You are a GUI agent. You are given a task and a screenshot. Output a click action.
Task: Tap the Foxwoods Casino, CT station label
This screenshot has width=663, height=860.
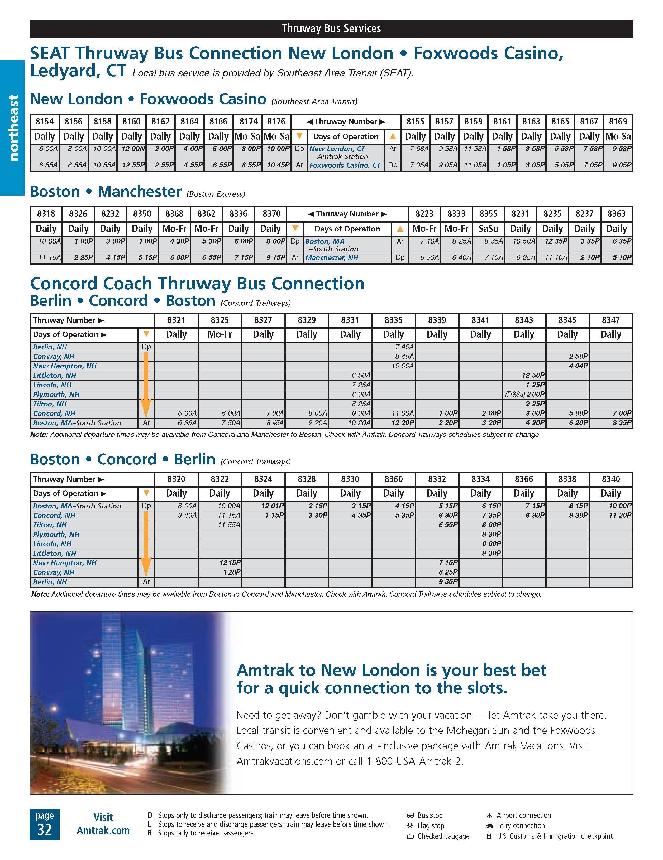coord(345,166)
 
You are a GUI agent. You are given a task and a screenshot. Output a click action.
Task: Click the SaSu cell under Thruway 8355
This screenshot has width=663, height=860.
coord(488,229)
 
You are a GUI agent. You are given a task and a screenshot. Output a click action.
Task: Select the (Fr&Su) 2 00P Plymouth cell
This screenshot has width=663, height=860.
coord(524,395)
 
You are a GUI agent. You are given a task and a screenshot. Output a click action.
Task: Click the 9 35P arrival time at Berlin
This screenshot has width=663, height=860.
coord(448,582)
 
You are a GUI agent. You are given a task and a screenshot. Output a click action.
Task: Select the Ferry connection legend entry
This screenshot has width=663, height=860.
coord(520,826)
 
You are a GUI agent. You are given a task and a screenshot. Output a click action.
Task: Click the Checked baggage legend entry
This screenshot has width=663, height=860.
coord(443,836)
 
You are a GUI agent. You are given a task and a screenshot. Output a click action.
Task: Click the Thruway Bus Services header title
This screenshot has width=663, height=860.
coord(331,28)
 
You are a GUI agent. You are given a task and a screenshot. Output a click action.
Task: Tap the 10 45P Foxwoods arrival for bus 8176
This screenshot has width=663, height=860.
coord(278,166)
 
